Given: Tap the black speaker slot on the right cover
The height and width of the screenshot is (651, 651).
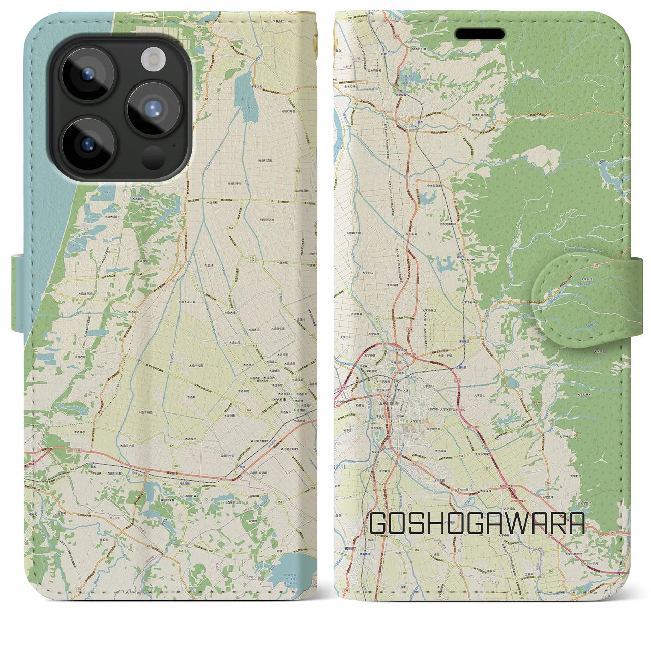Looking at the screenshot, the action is click(x=480, y=34).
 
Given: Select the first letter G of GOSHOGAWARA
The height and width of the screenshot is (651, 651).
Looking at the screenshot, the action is click(x=380, y=523).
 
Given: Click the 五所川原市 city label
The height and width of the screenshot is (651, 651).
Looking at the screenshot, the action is click(x=390, y=402).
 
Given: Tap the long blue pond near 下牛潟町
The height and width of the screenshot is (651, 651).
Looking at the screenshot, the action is click(x=249, y=99).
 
